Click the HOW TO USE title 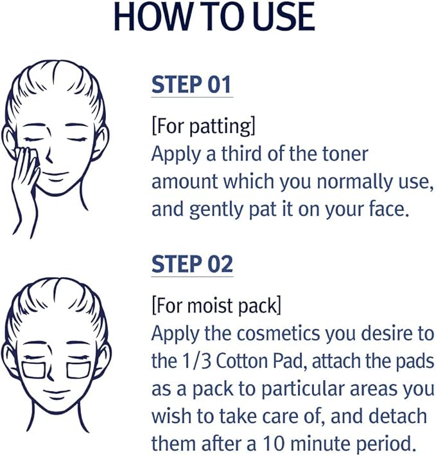[214, 17]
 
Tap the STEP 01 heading [191, 85]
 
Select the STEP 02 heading [192, 264]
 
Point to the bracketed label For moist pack [216, 306]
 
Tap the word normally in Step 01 [354, 182]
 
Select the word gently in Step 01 [216, 210]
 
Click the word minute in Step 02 [320, 444]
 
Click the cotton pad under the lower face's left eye [34, 370]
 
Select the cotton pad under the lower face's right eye [78, 370]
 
